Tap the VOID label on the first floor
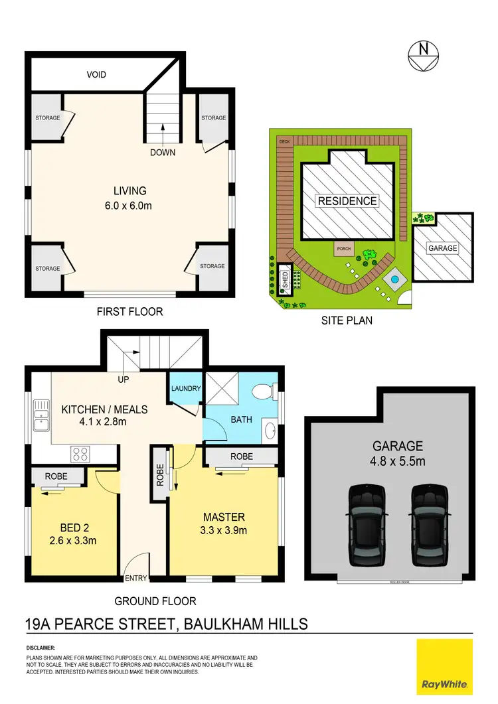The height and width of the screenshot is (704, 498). (x=96, y=75)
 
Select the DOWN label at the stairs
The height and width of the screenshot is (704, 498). (x=163, y=152)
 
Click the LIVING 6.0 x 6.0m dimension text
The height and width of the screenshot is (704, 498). (x=129, y=206)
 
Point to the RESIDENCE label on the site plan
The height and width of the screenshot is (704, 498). (x=347, y=201)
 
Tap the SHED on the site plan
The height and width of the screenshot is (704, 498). (x=285, y=277)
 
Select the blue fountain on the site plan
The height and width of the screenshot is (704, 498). (x=394, y=281)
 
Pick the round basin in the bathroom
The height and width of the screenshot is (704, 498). (x=271, y=432)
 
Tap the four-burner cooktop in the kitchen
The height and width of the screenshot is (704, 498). (x=80, y=455)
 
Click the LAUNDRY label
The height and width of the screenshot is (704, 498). (x=185, y=389)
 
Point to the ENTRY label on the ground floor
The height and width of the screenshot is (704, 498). (x=135, y=578)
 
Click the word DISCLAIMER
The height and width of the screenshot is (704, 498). (x=41, y=647)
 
